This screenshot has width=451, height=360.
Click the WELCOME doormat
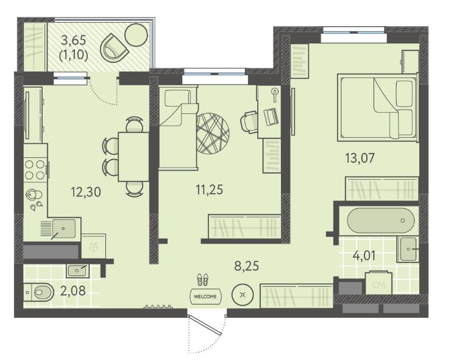(205, 297)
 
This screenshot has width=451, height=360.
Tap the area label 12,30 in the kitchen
(86, 192)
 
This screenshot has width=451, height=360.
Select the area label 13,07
(360, 158)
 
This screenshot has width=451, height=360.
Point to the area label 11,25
(210, 190)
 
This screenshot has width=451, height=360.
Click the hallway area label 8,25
(246, 266)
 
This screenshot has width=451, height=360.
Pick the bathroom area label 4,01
(364, 256)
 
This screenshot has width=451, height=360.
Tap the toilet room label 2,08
(73, 291)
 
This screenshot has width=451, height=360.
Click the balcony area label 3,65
(74, 40)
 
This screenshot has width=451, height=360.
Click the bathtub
(380, 221)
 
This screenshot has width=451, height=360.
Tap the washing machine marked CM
(379, 283)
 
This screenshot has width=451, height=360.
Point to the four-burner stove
(35, 170)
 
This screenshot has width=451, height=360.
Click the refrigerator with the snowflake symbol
(94, 246)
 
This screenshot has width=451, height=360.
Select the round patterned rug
(213, 133)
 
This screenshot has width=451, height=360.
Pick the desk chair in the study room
(249, 122)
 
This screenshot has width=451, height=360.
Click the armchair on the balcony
(113, 48)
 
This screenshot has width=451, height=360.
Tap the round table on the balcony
(137, 35)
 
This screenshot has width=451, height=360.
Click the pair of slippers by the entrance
(202, 280)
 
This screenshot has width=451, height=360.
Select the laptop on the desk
(271, 116)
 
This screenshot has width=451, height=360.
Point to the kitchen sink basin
(64, 228)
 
